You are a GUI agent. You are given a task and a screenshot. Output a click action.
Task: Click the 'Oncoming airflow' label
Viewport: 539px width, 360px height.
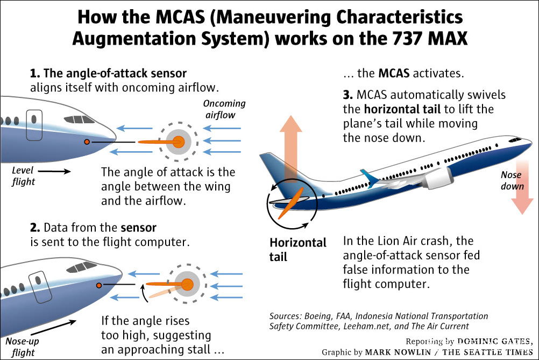(x=224, y=109)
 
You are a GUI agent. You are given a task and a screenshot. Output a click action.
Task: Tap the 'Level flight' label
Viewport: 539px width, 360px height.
(x=23, y=176)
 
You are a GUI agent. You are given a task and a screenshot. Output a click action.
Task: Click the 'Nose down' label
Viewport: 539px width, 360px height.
(x=512, y=181)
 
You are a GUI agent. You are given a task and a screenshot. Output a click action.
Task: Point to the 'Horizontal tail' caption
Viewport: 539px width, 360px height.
(x=297, y=250)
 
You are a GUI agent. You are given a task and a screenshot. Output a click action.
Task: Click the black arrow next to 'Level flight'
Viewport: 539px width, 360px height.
(x=54, y=172)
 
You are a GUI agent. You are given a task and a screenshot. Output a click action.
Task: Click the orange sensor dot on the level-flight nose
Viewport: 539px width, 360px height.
(x=87, y=142)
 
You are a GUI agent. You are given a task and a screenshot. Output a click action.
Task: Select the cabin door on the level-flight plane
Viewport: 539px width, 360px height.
(x=34, y=125)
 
